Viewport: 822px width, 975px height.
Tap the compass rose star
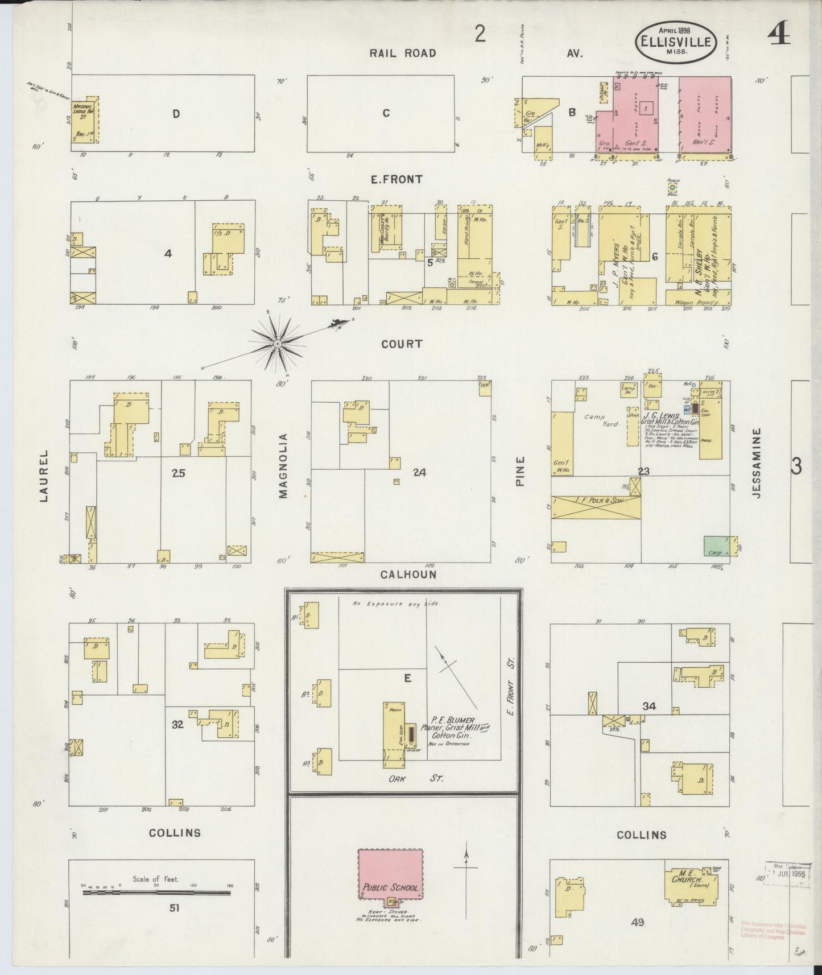[x=277, y=343]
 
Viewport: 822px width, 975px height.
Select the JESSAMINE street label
[x=755, y=463]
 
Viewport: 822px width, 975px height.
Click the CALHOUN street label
[x=408, y=575]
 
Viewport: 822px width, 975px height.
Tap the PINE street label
[x=520, y=471]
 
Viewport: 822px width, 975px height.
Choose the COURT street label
[x=403, y=344]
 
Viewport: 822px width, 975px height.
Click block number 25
[x=179, y=473]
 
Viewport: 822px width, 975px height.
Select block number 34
[x=648, y=706]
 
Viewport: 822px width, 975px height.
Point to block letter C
[x=386, y=113]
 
